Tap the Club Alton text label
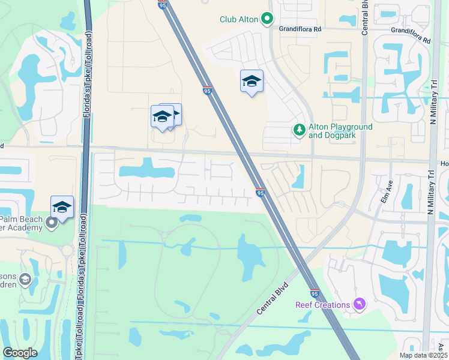click(x=239, y=20)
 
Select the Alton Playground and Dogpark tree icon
click(x=299, y=130)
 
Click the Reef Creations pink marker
click(x=359, y=305)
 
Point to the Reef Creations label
click(x=322, y=305)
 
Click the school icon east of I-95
click(x=252, y=82)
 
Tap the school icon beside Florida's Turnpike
click(x=62, y=208)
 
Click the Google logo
click(x=20, y=353)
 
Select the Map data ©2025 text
click(x=423, y=355)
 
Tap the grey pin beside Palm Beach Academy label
click(x=52, y=223)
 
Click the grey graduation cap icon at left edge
click(x=25, y=279)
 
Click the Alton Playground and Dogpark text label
click(x=340, y=131)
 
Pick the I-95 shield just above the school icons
click(x=206, y=91)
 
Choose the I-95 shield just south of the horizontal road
click(x=260, y=193)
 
